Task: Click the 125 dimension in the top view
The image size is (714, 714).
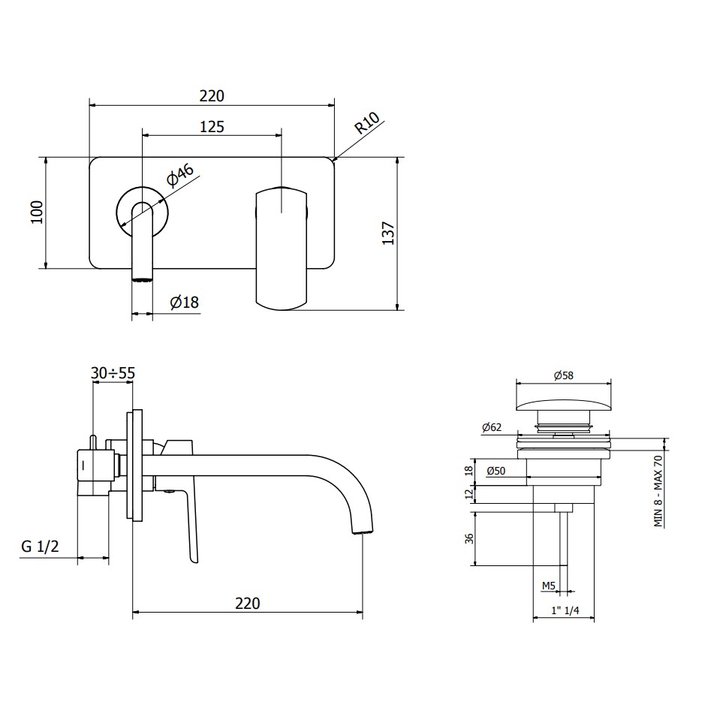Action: coord(212,126)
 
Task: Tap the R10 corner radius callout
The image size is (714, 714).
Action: coord(367,123)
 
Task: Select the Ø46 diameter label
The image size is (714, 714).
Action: coord(180,175)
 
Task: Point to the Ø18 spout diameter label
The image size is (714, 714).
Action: coord(185,302)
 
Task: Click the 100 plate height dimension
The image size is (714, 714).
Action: coord(37,212)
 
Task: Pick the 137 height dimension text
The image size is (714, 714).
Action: coord(388,233)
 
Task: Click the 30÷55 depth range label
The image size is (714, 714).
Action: coord(113,373)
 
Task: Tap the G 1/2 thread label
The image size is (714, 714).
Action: coord(40,546)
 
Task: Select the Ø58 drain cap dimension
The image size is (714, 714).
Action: coord(563,375)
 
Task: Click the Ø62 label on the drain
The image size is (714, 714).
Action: coord(492,427)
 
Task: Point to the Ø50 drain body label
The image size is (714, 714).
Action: coord(496,471)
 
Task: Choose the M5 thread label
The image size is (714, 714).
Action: coord(549,586)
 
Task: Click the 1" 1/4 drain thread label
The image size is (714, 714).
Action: coord(565,610)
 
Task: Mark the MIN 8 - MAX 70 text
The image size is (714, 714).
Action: coord(658,491)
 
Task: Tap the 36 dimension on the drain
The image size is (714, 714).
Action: coord(469,538)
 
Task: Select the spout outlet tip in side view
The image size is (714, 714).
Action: coord(363,531)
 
